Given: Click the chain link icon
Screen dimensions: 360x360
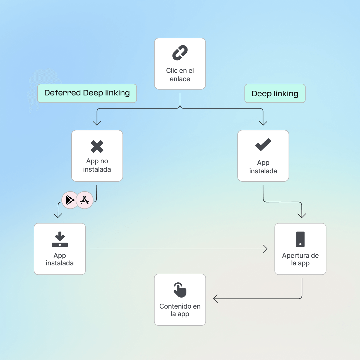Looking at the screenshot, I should [180, 53].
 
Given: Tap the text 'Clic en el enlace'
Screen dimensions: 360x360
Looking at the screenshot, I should [180, 75].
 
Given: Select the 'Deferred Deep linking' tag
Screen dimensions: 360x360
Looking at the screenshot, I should [87, 93].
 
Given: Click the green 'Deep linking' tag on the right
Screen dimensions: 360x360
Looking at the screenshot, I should [275, 93].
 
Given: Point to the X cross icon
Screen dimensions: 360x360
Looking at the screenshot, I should [97, 147].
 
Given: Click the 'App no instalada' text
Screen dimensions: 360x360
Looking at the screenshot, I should [97, 165].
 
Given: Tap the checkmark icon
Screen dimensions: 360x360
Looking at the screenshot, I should [263, 145].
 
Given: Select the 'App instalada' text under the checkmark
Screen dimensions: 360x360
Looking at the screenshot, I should [263, 167].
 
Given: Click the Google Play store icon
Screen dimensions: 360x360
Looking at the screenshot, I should [70, 200].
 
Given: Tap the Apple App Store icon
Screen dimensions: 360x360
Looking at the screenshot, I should [85, 200].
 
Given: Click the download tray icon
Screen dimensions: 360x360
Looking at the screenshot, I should [60, 239].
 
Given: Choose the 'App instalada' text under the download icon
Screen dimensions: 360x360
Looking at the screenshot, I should [60, 259].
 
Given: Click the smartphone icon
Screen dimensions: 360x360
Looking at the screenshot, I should [300, 239].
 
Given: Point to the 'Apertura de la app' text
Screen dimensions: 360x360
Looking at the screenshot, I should [300, 259].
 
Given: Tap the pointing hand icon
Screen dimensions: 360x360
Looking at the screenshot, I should [180, 290].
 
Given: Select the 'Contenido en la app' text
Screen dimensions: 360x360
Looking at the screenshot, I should [180, 310].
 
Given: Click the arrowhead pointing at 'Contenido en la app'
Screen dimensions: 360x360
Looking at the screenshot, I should [215, 299].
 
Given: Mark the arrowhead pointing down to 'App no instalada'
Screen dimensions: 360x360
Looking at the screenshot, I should [97, 124].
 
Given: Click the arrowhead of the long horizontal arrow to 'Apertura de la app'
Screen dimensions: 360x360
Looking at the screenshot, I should [266, 249].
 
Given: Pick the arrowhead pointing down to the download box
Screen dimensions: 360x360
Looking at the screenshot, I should [58, 216].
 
